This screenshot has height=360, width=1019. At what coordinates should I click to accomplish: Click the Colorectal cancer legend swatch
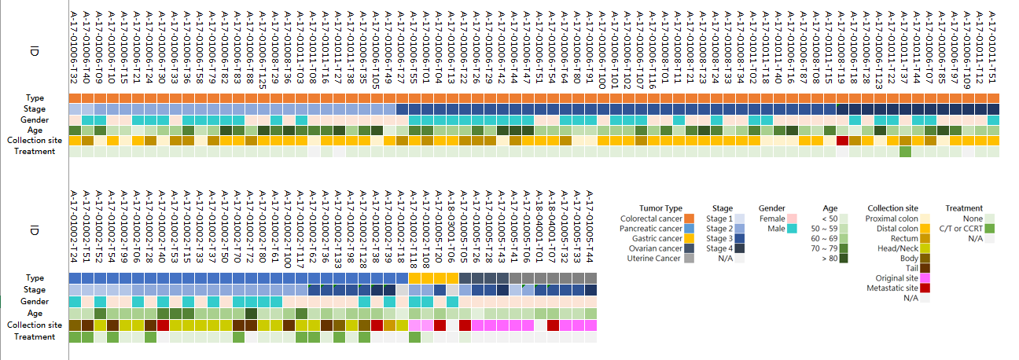[x=689, y=219]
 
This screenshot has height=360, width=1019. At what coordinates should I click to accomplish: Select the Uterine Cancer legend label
[x=652, y=259]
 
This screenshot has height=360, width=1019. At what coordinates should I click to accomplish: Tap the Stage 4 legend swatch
[x=739, y=248]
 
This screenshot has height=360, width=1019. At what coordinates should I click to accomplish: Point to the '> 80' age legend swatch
[x=843, y=259]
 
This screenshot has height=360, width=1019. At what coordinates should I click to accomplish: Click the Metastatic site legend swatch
[x=925, y=288]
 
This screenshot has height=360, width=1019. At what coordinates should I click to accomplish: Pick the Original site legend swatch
[x=925, y=278]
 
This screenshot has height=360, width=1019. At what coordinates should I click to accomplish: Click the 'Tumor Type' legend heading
[x=660, y=208]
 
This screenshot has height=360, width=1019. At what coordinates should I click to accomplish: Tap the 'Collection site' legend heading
[x=892, y=208]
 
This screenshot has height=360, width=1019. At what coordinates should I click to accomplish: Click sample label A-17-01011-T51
[x=993, y=47]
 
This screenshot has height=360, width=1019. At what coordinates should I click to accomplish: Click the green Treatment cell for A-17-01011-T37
[x=905, y=152]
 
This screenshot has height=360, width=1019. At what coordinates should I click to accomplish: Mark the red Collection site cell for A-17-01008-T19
[x=842, y=141]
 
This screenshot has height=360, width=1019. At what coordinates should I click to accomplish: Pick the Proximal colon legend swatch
[x=925, y=219]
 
